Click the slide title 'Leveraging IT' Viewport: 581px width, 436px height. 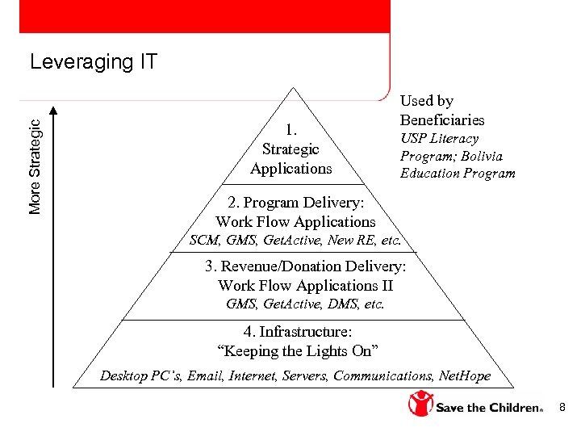click(94, 62)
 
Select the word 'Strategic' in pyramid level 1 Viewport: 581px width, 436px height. click(290, 149)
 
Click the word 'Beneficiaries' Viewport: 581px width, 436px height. click(442, 119)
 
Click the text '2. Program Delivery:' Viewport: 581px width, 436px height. click(295, 203)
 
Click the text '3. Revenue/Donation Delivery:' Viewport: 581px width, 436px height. click(305, 266)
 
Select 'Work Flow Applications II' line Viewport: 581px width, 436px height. click(305, 286)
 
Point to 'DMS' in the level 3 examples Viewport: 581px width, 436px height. click(344, 304)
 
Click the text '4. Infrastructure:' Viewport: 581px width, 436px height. click(298, 332)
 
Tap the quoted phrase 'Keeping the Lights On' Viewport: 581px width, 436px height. click(298, 351)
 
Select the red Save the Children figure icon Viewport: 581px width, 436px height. click(420, 403)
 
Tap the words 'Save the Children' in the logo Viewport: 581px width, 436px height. click(489, 408)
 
